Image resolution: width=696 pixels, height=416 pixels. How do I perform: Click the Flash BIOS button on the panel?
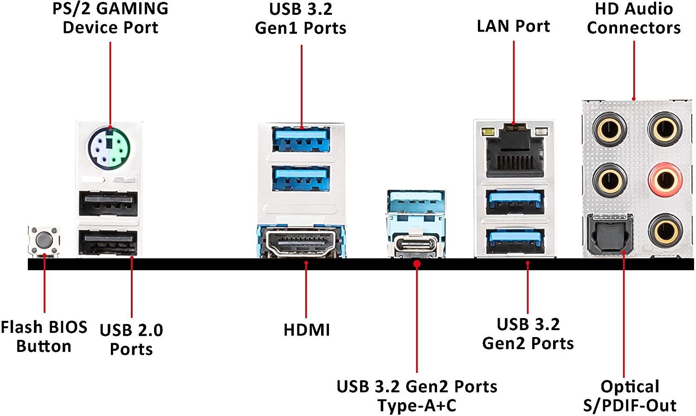44,240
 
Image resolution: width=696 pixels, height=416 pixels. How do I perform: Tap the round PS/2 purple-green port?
109,149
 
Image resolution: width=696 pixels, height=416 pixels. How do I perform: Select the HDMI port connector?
301,242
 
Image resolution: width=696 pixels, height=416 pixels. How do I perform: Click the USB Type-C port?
416,244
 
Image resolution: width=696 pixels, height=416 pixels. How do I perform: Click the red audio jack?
665,180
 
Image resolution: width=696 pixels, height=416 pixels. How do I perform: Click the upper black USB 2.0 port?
108,204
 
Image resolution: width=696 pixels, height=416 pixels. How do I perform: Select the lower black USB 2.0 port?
108,243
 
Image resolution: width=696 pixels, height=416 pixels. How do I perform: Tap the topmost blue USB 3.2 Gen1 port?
301,139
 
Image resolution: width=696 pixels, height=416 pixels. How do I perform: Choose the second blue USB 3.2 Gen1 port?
301,179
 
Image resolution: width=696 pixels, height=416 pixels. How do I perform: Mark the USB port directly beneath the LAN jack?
515,202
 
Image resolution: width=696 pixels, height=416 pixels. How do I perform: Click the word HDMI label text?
307,330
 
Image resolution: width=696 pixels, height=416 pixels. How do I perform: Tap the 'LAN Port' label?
513,26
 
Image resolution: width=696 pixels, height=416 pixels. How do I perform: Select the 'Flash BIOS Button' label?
44,337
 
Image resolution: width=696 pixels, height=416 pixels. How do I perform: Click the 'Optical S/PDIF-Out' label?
630,396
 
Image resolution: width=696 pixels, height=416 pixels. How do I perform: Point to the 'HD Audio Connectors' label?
634,18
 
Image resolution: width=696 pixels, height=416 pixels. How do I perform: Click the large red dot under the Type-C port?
417,264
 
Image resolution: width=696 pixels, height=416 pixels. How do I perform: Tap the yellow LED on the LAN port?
487,131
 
